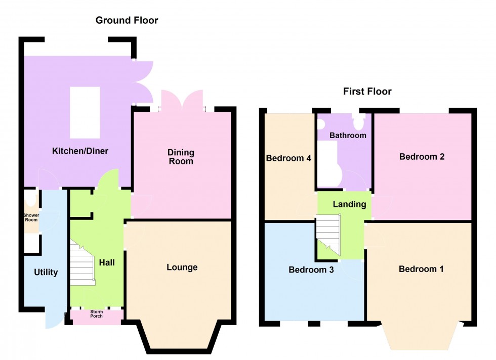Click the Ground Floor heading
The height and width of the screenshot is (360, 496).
[127, 21]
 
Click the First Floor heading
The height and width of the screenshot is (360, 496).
[367, 92]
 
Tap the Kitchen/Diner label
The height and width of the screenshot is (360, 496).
[81, 151]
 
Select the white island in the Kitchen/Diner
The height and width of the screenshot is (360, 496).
[85, 112]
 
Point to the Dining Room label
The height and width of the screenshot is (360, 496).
[181, 157]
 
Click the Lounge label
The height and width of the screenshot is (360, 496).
[182, 267]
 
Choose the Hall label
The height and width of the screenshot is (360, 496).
[107, 262]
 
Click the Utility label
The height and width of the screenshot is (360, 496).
[46, 272]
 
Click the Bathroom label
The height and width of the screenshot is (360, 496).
[348, 136]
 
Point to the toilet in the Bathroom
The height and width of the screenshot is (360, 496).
[360, 121]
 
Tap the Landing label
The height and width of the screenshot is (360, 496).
[349, 204]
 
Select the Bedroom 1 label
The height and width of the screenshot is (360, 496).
[421, 269]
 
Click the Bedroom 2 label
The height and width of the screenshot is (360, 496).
[422, 157]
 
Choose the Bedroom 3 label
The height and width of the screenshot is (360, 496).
[311, 269]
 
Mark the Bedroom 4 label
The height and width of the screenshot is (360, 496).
[288, 158]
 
